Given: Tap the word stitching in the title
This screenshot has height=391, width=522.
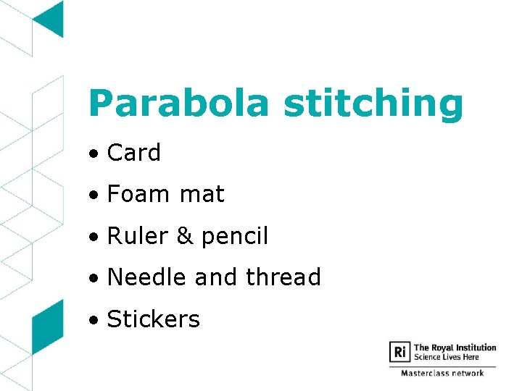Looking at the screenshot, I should pos(373,104).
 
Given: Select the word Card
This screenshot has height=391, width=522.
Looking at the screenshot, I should pos(133,153).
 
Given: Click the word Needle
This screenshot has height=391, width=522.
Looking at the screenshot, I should pos(144,277).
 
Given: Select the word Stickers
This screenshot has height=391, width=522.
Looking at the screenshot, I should pos(153,319).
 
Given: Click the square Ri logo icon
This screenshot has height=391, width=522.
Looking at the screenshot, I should pos(400,352).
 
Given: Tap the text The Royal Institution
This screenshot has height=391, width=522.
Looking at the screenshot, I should pos(455,348).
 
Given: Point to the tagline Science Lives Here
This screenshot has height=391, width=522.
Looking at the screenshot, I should pos(447,357).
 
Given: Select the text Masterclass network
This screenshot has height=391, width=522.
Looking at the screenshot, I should pos(442,373).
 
